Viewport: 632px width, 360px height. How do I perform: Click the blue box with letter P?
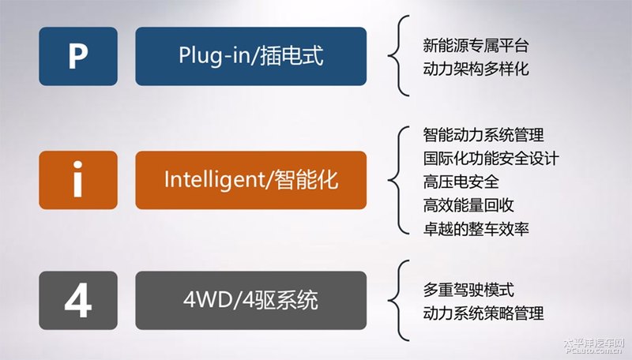coord(78,56)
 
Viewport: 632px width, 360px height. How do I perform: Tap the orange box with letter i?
coord(78,180)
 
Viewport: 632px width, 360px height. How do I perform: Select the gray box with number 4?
coord(78,301)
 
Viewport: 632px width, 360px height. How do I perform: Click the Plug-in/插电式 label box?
coord(250,56)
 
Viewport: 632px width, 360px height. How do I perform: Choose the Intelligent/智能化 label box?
coord(250,180)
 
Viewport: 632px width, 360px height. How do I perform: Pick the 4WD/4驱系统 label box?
coord(250,301)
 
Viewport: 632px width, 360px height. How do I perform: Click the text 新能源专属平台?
coord(476,46)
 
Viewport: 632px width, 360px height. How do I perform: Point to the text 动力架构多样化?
coord(476,69)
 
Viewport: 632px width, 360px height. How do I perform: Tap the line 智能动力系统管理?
coord(483,135)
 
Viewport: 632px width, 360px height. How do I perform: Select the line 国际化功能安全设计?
coord(491,158)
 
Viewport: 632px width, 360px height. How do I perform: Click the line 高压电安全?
coord(461,182)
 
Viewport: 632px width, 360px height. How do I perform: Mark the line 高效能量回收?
coord(468,205)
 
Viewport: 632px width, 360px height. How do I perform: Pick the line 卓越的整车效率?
coord(476,229)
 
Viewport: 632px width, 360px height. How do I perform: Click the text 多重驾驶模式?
coord(468,290)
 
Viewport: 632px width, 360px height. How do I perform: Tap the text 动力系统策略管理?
coord(483,313)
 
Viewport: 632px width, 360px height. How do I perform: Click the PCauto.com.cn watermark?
coord(594,351)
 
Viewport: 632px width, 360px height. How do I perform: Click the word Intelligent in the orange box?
coord(213,180)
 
